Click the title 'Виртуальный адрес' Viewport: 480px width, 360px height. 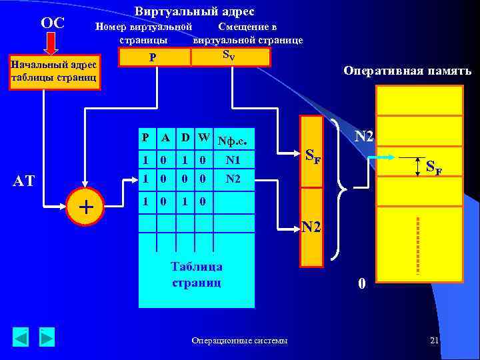coord(194,12)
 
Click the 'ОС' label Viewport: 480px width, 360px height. coord(52,23)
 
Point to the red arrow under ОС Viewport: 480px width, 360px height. coord(52,45)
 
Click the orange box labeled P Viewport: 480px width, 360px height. coord(154,57)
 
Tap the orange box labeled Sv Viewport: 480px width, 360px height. coord(231,56)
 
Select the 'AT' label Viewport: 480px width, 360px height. coord(24,181)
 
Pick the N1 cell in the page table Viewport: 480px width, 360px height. coord(233,160)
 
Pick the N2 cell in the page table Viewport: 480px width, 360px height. coord(233,179)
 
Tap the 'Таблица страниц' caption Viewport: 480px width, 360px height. coord(197,274)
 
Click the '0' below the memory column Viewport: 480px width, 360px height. coord(361,283)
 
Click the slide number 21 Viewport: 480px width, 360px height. coord(435,341)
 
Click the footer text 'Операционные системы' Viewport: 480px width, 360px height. coord(240,341)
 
